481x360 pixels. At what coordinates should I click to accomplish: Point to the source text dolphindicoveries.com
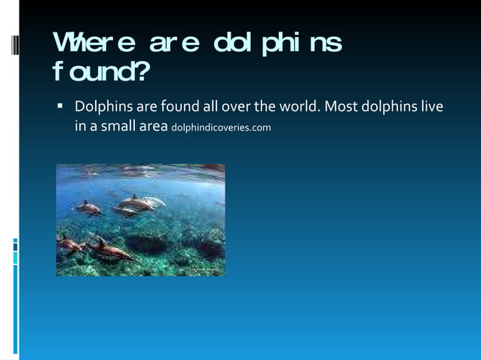click(x=221, y=127)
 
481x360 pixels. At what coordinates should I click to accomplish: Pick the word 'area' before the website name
click(x=152, y=126)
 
